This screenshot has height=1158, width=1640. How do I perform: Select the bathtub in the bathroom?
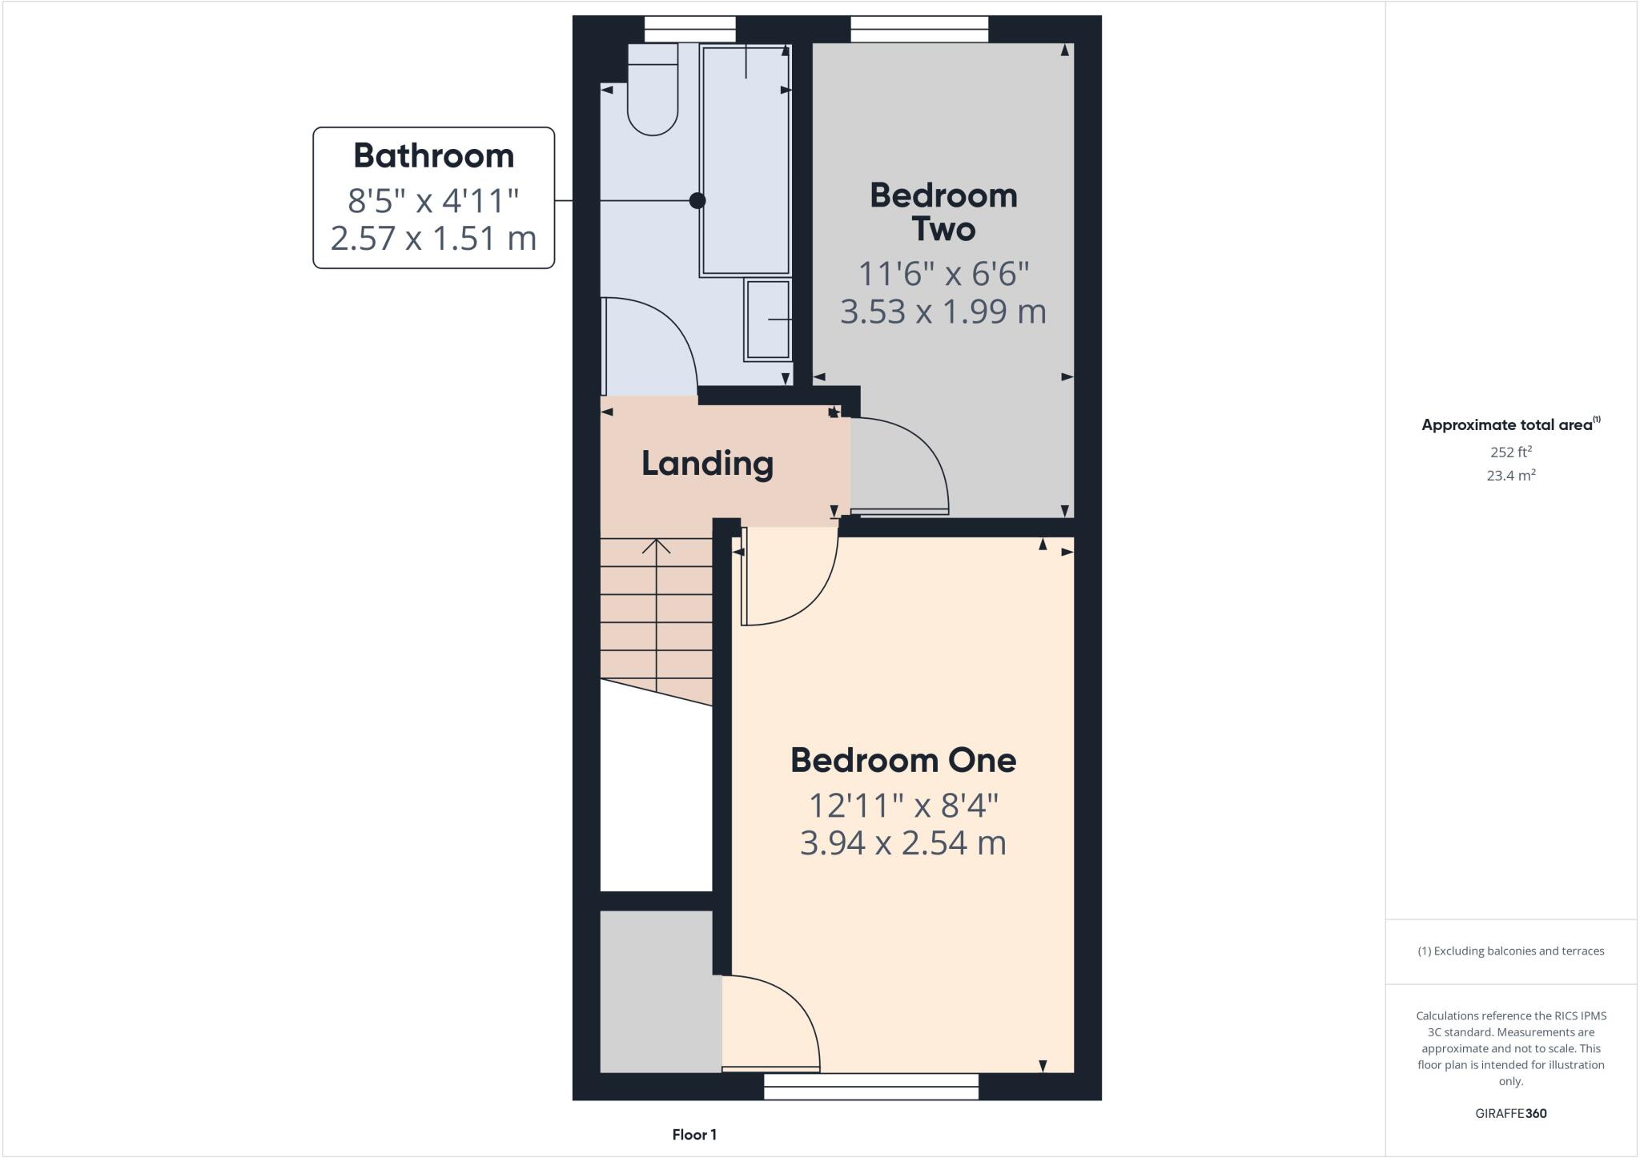(745, 160)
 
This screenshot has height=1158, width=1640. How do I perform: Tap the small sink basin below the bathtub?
(768, 320)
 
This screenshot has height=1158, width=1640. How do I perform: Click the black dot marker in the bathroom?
(697, 200)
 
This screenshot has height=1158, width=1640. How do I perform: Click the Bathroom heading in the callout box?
(433, 155)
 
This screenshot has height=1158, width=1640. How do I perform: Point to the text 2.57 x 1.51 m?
(433, 239)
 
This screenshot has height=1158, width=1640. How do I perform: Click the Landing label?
(707, 464)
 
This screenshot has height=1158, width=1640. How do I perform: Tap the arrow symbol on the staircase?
(657, 548)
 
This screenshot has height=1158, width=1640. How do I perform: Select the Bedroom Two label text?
(943, 212)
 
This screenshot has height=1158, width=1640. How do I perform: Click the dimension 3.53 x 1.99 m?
(943, 312)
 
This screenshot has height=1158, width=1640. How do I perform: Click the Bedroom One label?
(903, 760)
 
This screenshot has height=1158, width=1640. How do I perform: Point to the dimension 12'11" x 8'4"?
(903, 806)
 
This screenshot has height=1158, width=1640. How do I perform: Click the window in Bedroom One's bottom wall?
(871, 1087)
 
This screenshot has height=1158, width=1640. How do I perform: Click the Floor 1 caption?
(694, 1135)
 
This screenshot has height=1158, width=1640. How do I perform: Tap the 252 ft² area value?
(1511, 452)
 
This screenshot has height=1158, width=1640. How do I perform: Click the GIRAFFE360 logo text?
(1511, 1113)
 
